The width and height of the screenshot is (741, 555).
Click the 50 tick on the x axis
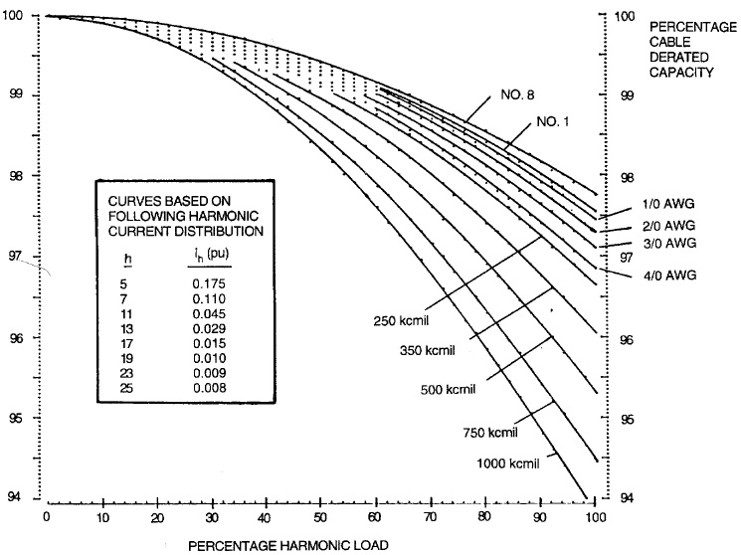click(x=320, y=518)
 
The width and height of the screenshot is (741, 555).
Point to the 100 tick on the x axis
click(x=594, y=518)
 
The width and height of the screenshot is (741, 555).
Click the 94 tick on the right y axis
click(x=623, y=498)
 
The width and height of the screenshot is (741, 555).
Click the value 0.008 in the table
click(x=211, y=388)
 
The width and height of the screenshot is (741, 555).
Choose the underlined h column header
click(x=127, y=261)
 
